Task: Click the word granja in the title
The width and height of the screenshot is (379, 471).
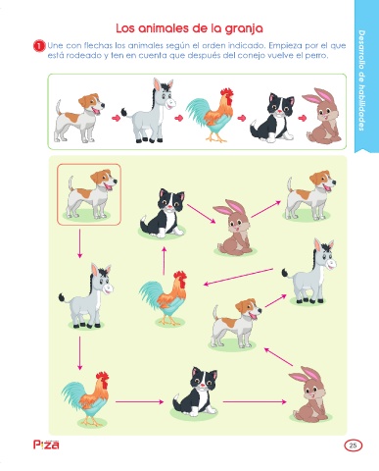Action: point(244,28)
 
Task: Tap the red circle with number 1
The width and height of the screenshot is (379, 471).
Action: point(39,46)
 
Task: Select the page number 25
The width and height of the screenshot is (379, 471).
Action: point(353,445)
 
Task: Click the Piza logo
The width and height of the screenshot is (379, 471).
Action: point(46,445)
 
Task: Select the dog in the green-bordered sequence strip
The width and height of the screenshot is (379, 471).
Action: point(80,118)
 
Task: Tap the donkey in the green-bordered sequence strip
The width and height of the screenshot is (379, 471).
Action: point(149,111)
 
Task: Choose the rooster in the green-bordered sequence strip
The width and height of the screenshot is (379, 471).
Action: point(211,115)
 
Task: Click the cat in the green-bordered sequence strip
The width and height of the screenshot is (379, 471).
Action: point(272,118)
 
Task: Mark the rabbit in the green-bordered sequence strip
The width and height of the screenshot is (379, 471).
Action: point(322,115)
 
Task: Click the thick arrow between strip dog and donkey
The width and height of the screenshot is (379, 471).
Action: point(116,118)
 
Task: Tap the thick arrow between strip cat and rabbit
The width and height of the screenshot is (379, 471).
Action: point(303,118)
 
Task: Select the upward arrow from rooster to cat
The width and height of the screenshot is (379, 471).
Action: point(164,261)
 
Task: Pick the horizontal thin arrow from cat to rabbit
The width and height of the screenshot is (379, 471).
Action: point(255,401)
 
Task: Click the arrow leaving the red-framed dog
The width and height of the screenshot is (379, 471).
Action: point(79,243)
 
